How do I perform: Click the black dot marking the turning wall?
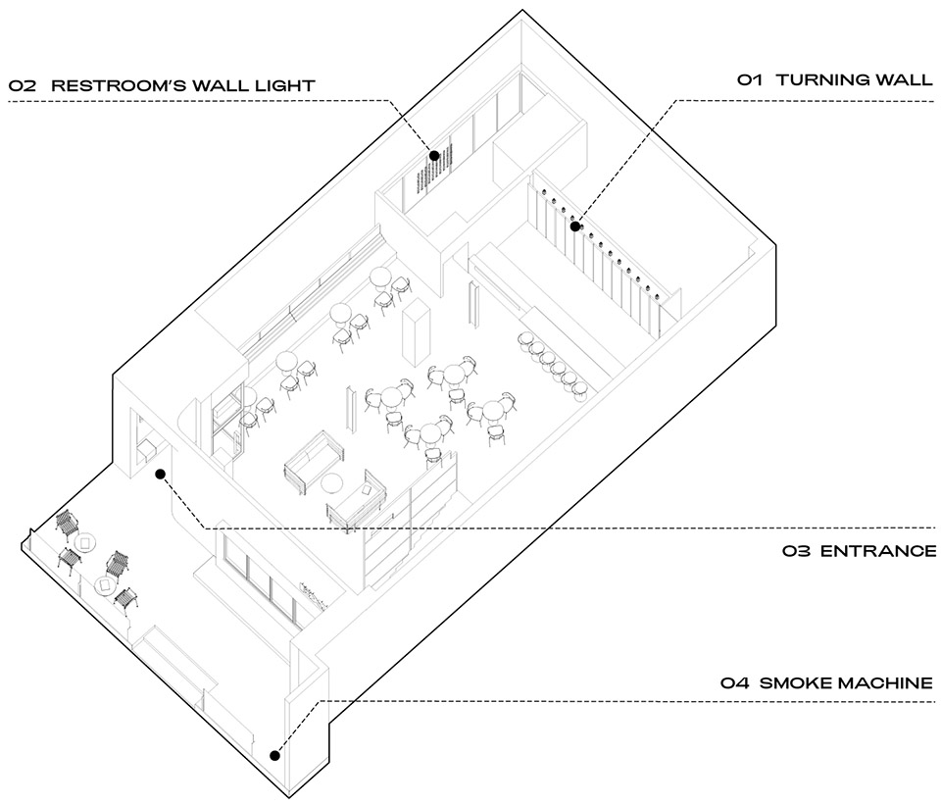[x=575, y=226]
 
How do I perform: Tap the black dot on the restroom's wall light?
[x=434, y=156]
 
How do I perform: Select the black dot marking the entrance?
[x=160, y=475]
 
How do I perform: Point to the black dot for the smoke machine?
[x=274, y=756]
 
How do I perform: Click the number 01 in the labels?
[x=750, y=79]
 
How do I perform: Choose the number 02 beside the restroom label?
[x=23, y=85]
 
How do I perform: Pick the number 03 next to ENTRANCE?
[x=796, y=550]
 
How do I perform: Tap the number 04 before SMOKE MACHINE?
[x=734, y=682]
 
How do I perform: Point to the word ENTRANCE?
[x=878, y=550]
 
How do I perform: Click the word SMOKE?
[x=795, y=682]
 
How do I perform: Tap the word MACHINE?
[x=884, y=682]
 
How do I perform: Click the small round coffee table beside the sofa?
[x=332, y=482]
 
